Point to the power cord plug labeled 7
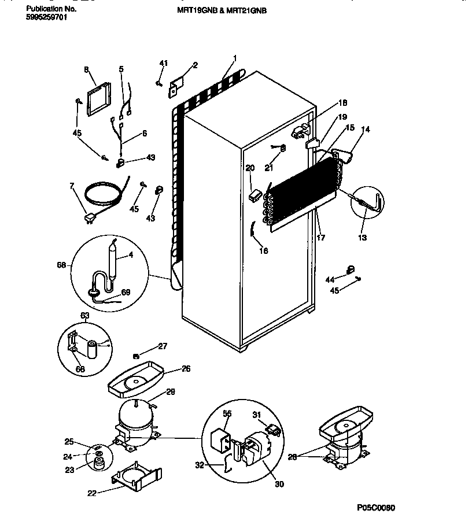[89, 217]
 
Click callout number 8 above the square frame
[86, 69]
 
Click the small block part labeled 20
[252, 196]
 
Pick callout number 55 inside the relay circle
[227, 414]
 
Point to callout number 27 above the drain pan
[163, 346]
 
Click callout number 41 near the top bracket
[163, 63]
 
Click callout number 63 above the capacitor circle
[84, 316]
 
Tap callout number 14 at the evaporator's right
[364, 131]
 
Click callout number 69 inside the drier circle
[126, 292]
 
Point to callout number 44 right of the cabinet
[329, 279]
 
